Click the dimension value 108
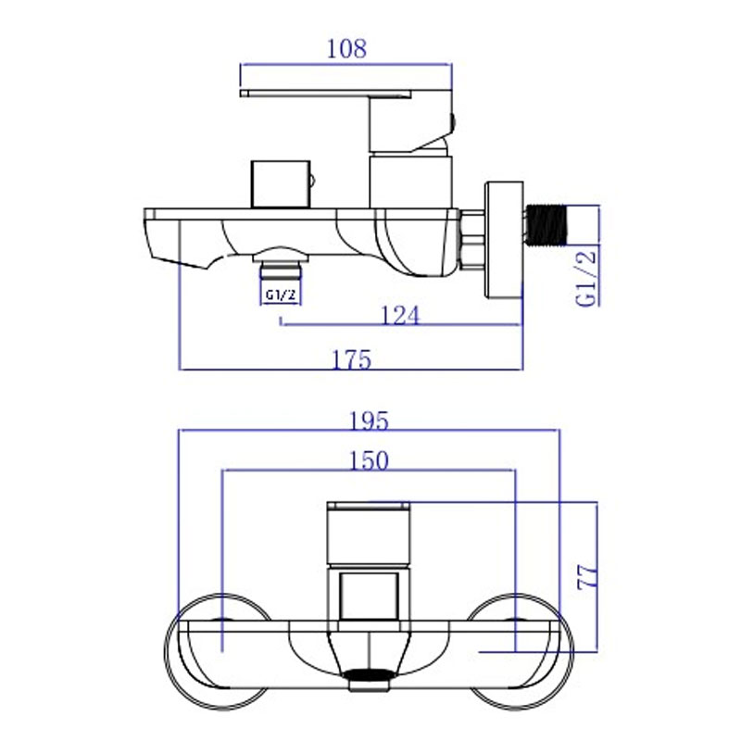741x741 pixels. click(x=346, y=49)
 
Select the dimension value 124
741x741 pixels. click(x=400, y=315)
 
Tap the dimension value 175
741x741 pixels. click(x=352, y=359)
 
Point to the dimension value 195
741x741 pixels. click(x=369, y=421)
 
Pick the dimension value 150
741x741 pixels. click(x=369, y=460)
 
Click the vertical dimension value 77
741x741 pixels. click(x=587, y=576)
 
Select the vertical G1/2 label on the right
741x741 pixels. click(x=586, y=279)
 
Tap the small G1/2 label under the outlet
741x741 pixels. click(x=281, y=295)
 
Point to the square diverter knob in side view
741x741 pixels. click(x=281, y=184)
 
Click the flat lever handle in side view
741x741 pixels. click(x=326, y=94)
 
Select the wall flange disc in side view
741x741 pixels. click(x=504, y=240)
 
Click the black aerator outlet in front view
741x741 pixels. click(x=369, y=675)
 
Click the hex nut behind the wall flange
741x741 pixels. click(x=471, y=240)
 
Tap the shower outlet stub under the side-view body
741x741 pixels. click(x=281, y=270)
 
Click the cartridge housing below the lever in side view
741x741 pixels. click(x=410, y=182)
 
